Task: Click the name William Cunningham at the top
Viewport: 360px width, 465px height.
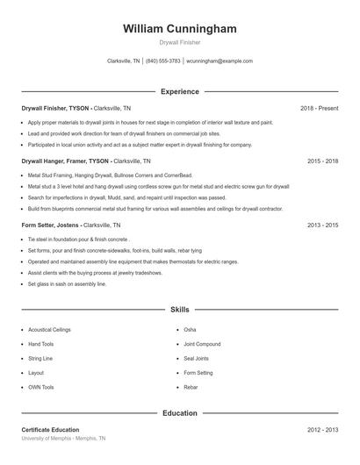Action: point(180,29)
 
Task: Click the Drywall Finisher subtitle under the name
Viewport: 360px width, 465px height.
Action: point(180,43)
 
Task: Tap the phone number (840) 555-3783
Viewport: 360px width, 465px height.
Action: point(163,61)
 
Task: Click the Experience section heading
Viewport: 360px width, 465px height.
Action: point(180,91)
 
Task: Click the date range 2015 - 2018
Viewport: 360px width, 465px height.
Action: point(322,161)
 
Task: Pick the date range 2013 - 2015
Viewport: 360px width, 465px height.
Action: point(322,225)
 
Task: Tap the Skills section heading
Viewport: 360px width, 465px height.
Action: point(180,310)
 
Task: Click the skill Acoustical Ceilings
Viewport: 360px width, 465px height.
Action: point(49,330)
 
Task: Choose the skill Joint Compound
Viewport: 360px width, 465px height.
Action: point(202,344)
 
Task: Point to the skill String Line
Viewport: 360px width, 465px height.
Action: point(40,358)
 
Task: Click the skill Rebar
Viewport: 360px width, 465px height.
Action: point(191,387)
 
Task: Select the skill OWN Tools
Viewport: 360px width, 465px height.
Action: point(41,387)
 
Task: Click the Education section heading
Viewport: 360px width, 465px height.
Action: point(180,412)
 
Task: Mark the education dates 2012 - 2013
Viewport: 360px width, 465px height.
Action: point(322,430)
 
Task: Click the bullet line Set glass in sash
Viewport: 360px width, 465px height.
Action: point(67,284)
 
